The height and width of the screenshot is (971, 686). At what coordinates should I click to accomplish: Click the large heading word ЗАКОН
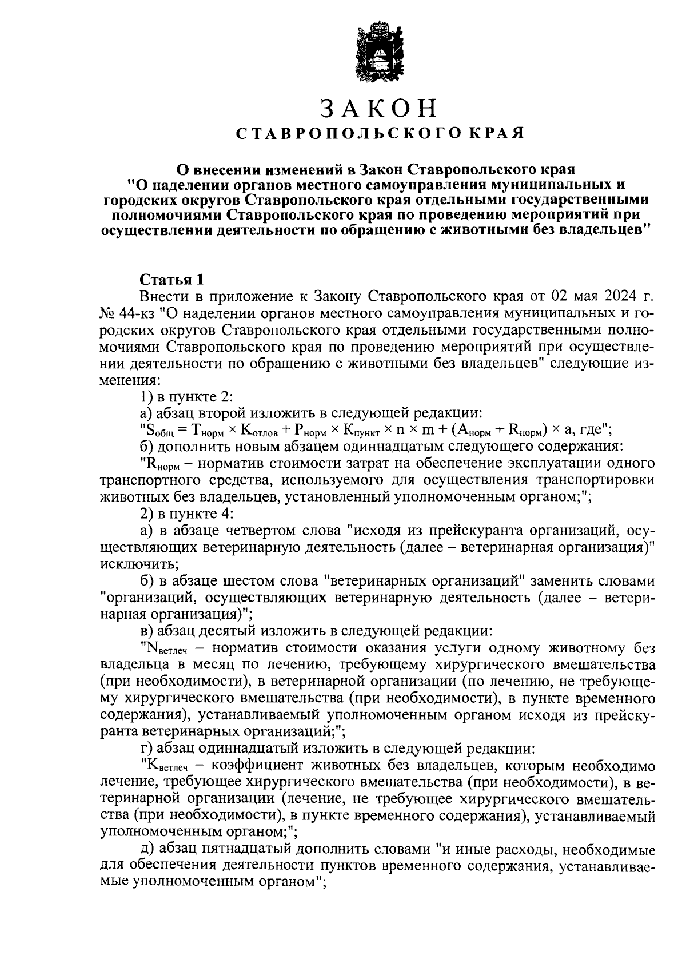[378, 108]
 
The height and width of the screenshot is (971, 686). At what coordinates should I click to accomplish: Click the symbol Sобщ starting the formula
[161, 430]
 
